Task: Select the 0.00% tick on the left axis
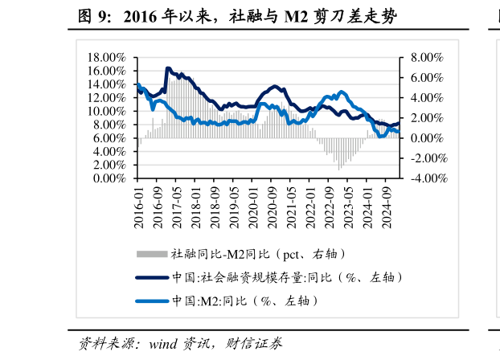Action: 111,178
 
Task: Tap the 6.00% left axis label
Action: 111,138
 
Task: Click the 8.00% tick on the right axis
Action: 427,58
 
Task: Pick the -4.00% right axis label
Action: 425,178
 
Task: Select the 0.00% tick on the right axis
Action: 427,138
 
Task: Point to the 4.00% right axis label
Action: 427,98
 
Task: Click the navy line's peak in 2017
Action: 168,68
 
